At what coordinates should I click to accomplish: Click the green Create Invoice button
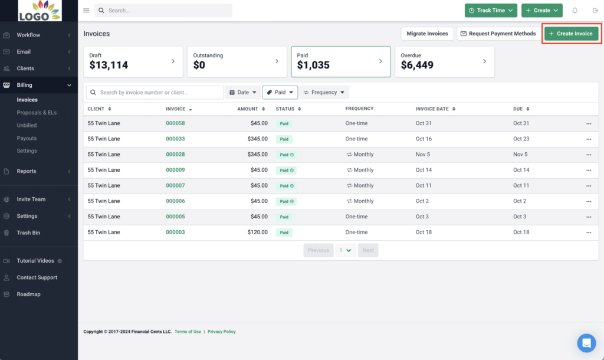coord(571,34)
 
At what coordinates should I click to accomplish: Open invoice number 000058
coord(175,123)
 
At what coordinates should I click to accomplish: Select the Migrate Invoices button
coord(427,34)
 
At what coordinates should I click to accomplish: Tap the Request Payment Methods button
coord(498,34)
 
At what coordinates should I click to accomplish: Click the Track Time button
coord(491,11)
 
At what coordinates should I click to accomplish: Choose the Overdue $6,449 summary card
coord(444,61)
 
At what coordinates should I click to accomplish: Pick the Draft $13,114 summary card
coord(133,61)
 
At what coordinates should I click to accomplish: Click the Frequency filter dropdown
coord(324,93)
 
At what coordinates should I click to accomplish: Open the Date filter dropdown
coord(242,93)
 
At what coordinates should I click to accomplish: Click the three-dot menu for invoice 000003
coord(588,233)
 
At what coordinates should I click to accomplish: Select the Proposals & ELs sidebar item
coord(37,113)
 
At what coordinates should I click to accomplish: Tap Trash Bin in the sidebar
coord(28,233)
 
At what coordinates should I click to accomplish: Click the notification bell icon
coord(575,11)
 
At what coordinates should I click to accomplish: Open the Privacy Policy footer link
coord(221,332)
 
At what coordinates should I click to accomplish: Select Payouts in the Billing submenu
coord(27,138)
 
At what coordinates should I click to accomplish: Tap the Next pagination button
coord(367,250)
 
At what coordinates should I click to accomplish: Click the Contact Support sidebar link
coord(37,277)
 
